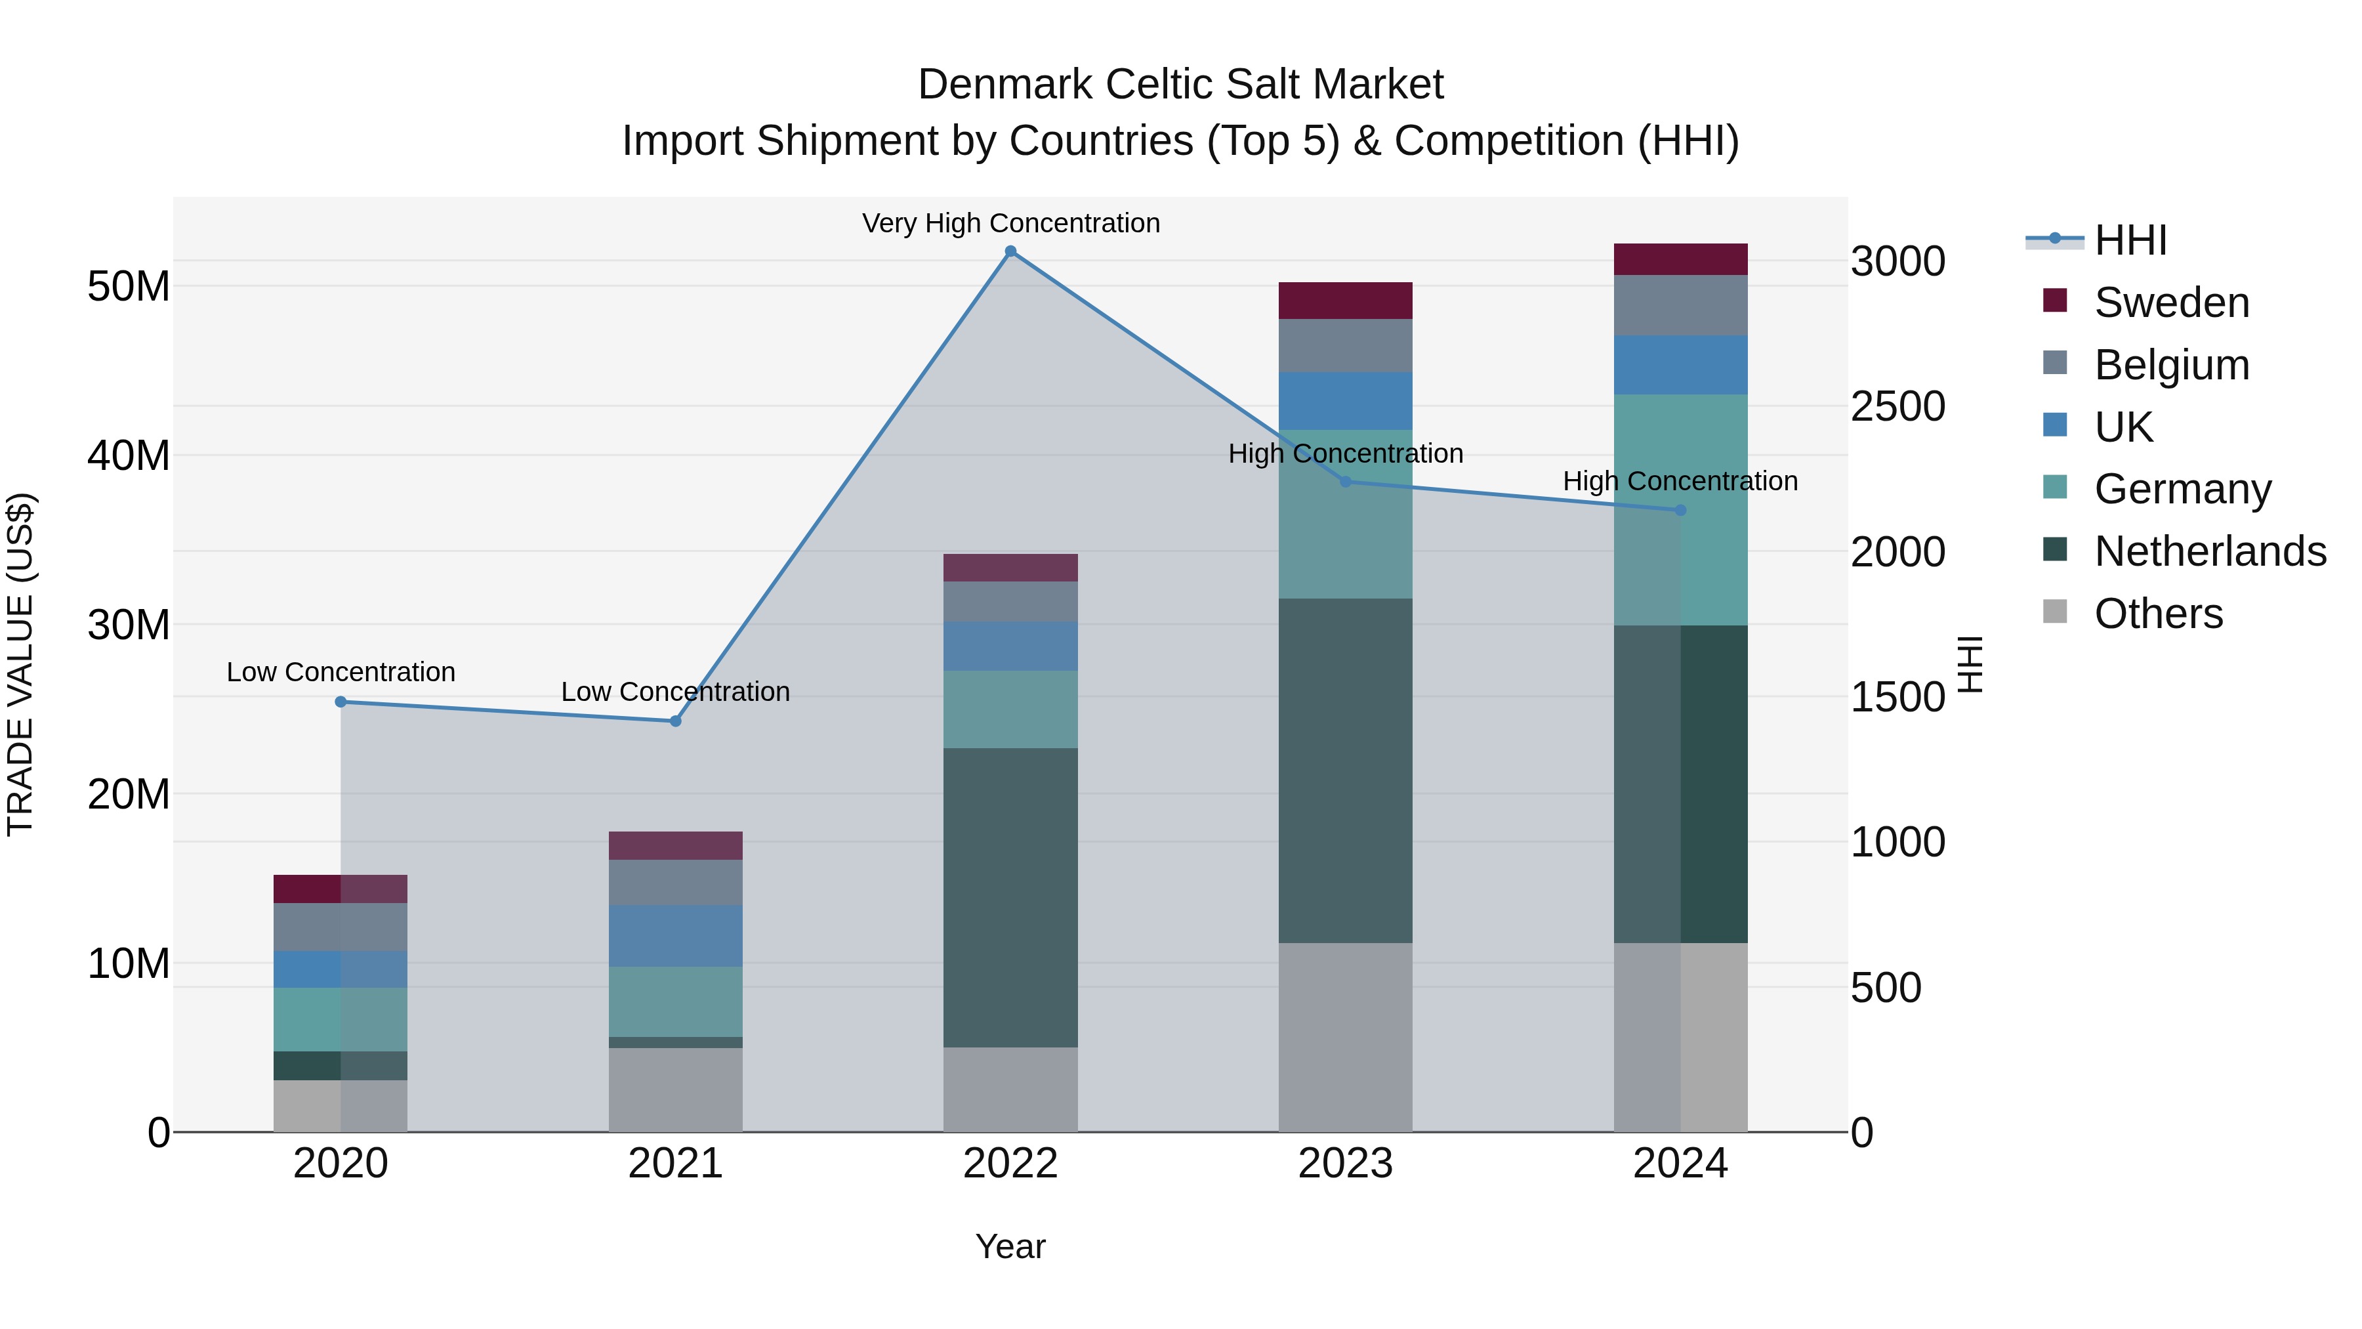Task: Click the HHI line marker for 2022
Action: tap(1010, 251)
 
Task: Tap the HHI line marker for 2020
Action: tap(340, 702)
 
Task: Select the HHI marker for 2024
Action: tap(1680, 510)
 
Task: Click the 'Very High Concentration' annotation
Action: tap(1010, 223)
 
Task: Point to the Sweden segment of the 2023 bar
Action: tap(1345, 301)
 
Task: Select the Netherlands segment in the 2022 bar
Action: tap(1010, 897)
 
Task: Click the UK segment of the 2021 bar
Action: tap(675, 935)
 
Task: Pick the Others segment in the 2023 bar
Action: tap(1345, 1036)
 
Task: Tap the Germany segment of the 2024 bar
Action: tap(1680, 510)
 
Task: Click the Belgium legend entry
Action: tap(2171, 365)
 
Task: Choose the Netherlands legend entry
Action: tap(2210, 551)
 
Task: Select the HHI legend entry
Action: tap(2130, 240)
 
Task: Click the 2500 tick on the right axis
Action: tap(1897, 406)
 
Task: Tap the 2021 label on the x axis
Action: tap(675, 1164)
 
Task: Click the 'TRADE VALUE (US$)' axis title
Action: tap(21, 664)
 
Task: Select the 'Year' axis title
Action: tap(1010, 1246)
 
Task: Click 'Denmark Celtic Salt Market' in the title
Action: tap(1180, 85)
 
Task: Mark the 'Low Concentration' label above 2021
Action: tap(675, 692)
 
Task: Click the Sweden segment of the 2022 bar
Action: tap(1010, 568)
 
